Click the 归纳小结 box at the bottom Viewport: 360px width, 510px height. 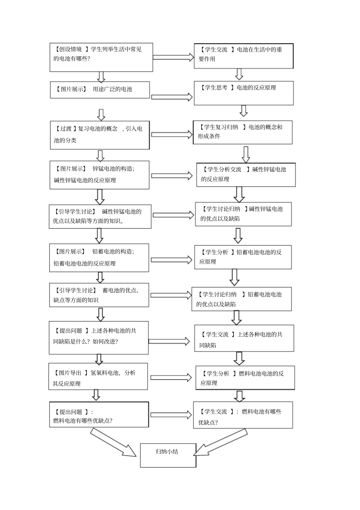[168, 455]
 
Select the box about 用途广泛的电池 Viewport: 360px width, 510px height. [100, 90]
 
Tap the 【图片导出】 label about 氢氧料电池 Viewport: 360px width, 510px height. [71, 373]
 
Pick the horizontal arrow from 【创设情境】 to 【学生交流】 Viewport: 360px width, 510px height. [173, 57]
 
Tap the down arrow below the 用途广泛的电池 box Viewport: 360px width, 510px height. [101, 115]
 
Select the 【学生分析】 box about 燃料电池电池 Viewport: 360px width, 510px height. [245, 378]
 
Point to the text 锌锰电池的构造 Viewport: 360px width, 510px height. [113, 169]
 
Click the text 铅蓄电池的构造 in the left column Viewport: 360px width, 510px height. [113, 252]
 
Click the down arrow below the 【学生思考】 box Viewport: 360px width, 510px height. [244, 111]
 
